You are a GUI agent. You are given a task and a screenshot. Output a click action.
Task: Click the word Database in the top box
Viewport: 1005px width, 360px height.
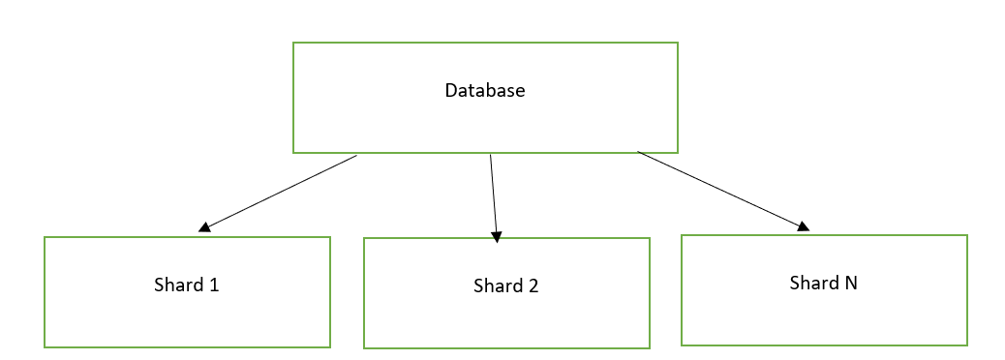coord(485,91)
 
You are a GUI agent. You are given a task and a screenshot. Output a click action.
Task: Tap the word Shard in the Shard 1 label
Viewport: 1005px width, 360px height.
coord(178,285)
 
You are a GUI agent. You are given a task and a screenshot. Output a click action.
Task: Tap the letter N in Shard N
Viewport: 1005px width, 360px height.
coord(851,284)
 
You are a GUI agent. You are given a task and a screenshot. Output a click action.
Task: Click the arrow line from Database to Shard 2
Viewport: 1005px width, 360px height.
coord(494,194)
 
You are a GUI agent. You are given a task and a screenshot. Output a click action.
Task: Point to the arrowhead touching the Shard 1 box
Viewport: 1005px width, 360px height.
coord(204,228)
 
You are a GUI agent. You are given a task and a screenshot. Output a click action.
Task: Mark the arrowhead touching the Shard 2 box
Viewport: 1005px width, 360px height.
coord(497,235)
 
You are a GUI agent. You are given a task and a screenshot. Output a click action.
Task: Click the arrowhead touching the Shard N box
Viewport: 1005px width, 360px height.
coord(803,226)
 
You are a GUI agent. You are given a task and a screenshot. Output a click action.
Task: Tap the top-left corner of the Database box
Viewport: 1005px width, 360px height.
coord(293,43)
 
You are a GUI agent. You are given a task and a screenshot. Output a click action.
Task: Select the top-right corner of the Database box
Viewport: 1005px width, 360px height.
coord(677,43)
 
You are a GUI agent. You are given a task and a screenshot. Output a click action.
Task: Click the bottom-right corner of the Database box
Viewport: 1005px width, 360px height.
coord(677,152)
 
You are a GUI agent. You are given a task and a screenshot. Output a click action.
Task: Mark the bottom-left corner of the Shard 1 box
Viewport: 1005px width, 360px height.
coord(45,346)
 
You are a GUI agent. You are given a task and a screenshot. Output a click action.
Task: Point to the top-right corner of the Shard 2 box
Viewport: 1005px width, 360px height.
coord(649,239)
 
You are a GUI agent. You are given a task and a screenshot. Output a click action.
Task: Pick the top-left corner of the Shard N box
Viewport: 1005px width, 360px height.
coord(682,235)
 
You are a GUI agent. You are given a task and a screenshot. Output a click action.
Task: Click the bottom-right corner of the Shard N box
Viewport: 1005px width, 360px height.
coord(967,345)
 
